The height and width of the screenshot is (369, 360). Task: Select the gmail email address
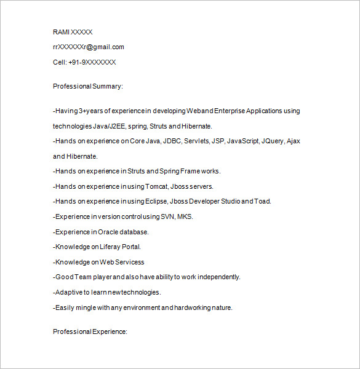click(89, 47)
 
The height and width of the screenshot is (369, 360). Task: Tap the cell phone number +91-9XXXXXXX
click(92, 62)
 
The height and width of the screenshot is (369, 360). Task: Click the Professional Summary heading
click(88, 86)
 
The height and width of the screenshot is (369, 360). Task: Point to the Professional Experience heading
click(90, 331)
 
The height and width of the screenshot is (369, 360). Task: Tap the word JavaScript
click(242, 141)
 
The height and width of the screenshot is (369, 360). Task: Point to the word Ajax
click(294, 141)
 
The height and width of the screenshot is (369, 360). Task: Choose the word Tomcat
click(160, 186)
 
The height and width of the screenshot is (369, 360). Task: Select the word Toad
click(263, 201)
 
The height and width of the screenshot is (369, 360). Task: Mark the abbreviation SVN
click(167, 216)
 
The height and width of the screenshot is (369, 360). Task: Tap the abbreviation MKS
click(185, 216)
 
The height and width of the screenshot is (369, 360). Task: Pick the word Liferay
click(112, 247)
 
